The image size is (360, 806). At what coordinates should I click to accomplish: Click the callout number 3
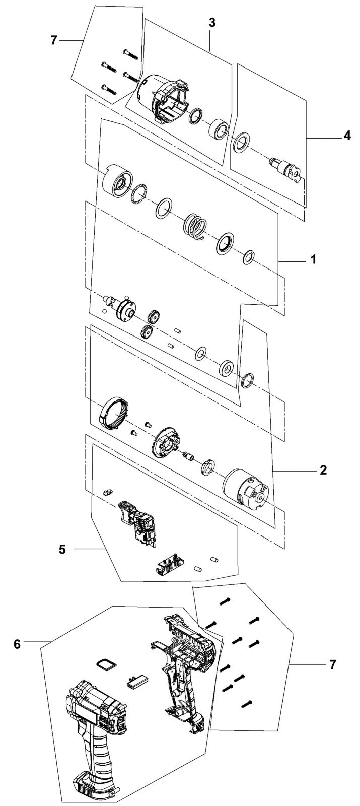tap(212, 22)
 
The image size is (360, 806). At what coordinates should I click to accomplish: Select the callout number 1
tap(313, 259)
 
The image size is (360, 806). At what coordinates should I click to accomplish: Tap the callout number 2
tap(323, 469)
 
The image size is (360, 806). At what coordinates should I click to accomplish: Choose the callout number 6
tap(17, 644)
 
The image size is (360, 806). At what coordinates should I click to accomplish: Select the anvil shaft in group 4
tap(286, 169)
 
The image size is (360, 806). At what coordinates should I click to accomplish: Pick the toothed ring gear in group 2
tap(114, 413)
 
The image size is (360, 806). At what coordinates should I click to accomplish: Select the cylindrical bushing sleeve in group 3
tap(219, 128)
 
